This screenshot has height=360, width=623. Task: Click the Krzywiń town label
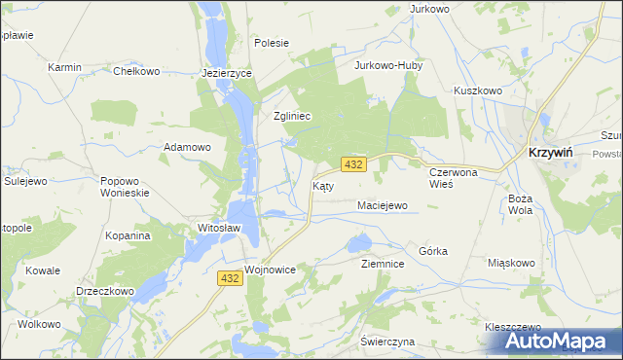555,153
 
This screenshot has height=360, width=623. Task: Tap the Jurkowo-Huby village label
384,67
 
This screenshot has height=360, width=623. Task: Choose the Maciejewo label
382,206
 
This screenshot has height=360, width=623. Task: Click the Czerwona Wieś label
455,177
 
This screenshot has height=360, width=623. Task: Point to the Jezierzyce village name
227,73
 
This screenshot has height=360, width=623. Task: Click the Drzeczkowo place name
104,291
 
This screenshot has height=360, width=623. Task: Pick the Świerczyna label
387,342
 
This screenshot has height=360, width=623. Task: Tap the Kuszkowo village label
477,90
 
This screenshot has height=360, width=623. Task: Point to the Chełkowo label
136,71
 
